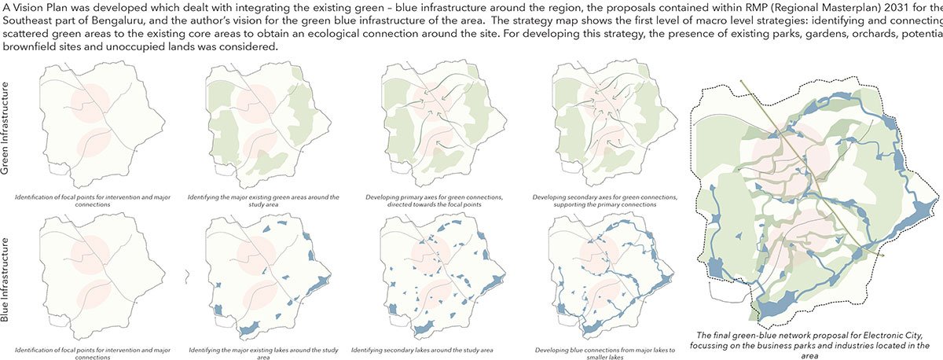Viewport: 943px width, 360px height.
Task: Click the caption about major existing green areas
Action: pos(272,200)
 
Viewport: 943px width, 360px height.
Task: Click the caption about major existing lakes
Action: pos(272,351)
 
